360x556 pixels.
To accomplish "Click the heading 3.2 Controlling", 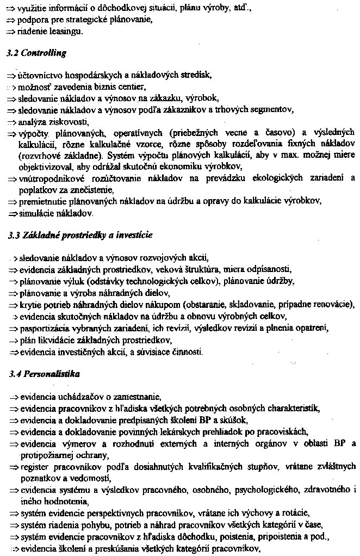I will pos(36,53).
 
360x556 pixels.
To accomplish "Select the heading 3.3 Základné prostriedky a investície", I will pos(80,235).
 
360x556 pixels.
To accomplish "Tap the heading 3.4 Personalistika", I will pos(45,374).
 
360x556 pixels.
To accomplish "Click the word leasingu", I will pos(66,32).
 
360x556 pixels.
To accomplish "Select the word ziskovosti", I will pos(68,121).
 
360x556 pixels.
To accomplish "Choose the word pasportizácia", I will pos(45,329).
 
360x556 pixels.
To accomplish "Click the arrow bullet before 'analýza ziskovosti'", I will pos(12,121).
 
